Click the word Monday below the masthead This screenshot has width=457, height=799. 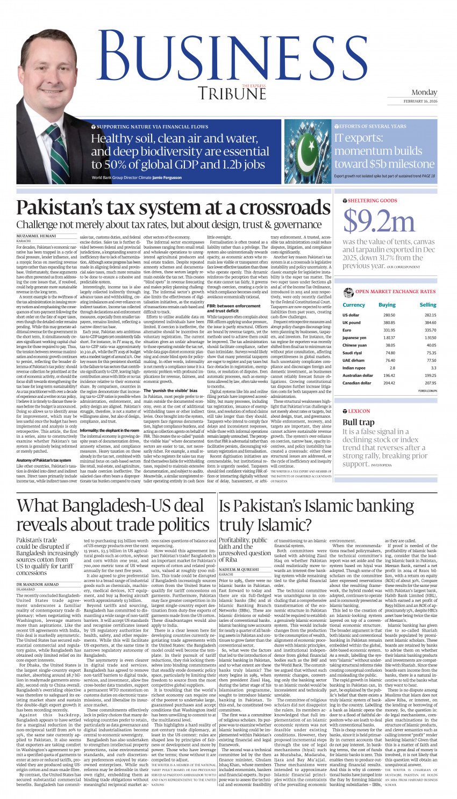tap(424, 92)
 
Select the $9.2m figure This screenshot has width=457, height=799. tap(379, 221)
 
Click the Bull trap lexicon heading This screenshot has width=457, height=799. tap(358, 422)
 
